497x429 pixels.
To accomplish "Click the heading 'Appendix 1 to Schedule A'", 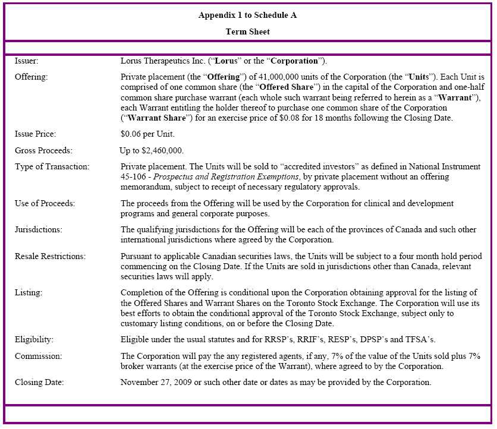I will coord(247,15).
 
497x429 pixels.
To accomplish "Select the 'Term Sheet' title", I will coord(247,31).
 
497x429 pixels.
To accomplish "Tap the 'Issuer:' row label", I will coord(27,61).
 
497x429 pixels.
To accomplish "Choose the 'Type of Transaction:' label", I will coord(52,166).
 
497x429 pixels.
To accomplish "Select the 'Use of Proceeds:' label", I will coord(45,203).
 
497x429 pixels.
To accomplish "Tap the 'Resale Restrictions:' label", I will coord(50,256).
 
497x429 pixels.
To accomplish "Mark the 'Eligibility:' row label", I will coord(34,339).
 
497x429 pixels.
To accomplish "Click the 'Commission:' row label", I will coord(37,355).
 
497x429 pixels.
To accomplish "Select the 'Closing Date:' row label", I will coord(39,381).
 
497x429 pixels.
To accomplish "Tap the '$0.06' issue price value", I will coord(132,134).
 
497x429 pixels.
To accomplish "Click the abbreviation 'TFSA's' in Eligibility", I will coord(419,339).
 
